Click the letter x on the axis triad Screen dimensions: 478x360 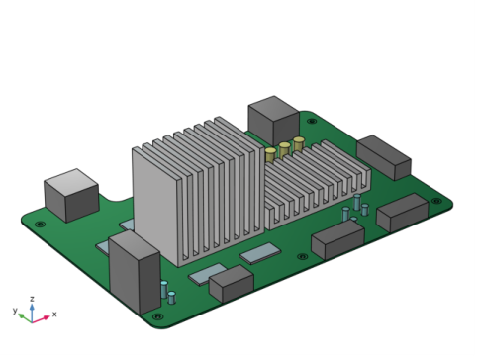click(54, 314)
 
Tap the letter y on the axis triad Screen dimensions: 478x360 click(15, 311)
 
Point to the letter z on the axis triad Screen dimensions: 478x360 click(32, 299)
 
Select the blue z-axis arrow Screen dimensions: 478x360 click(32, 313)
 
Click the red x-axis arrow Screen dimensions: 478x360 click(41, 319)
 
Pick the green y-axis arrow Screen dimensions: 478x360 click(25, 317)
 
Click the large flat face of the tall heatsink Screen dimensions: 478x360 click(155, 205)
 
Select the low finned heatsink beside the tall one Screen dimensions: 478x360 click(317, 185)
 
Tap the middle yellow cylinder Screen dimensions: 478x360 click(284, 150)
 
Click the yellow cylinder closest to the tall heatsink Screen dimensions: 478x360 click(270, 155)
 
